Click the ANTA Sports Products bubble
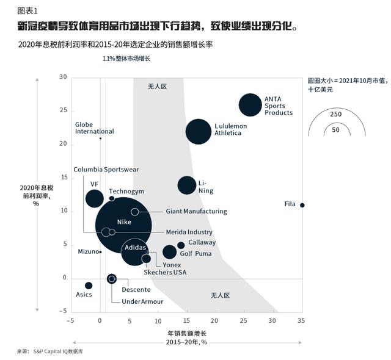tap(250, 105)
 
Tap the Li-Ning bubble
tap(187, 185)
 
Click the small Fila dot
tap(302, 205)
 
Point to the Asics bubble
tap(89, 286)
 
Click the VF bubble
tap(94, 198)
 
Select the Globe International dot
tap(100, 138)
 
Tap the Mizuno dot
tap(100, 252)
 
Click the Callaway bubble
tap(181, 245)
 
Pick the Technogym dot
tap(112, 198)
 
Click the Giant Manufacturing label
tap(196, 212)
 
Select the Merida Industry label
tap(189, 232)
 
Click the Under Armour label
tap(142, 301)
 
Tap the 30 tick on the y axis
tap(62, 77)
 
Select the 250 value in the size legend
tap(335, 114)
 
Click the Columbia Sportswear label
tap(106, 169)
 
